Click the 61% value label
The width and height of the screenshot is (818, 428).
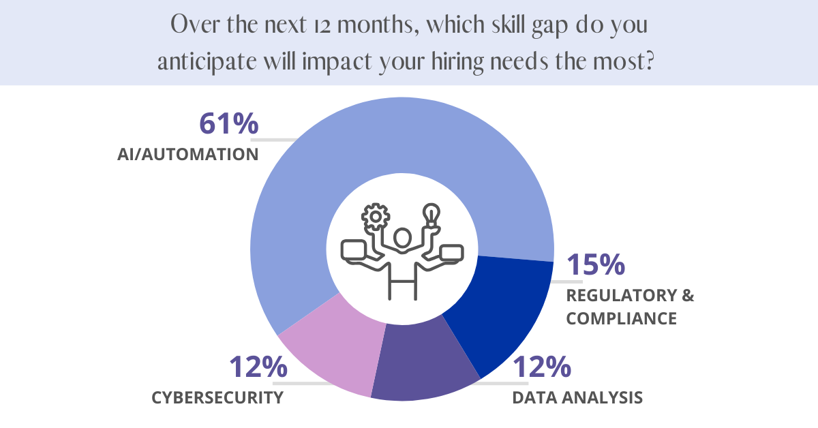pyautogui.click(x=228, y=125)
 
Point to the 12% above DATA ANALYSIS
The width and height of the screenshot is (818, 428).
pyautogui.click(x=541, y=368)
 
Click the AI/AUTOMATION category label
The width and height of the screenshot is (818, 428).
pyautogui.click(x=187, y=154)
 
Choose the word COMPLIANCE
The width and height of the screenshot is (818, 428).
pyautogui.click(x=622, y=318)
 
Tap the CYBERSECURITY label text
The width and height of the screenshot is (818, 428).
pyautogui.click(x=217, y=398)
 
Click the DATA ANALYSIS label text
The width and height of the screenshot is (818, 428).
pyautogui.click(x=577, y=398)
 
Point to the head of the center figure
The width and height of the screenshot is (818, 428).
pyautogui.click(x=402, y=239)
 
